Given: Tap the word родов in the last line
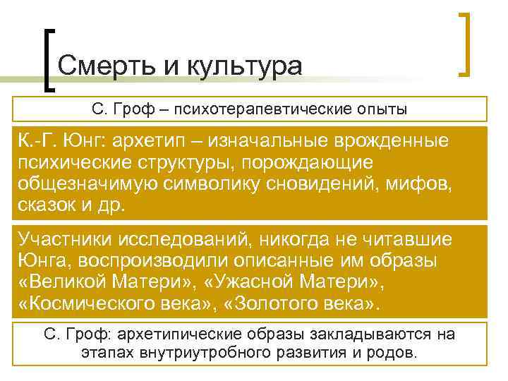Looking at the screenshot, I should (x=396, y=353).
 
